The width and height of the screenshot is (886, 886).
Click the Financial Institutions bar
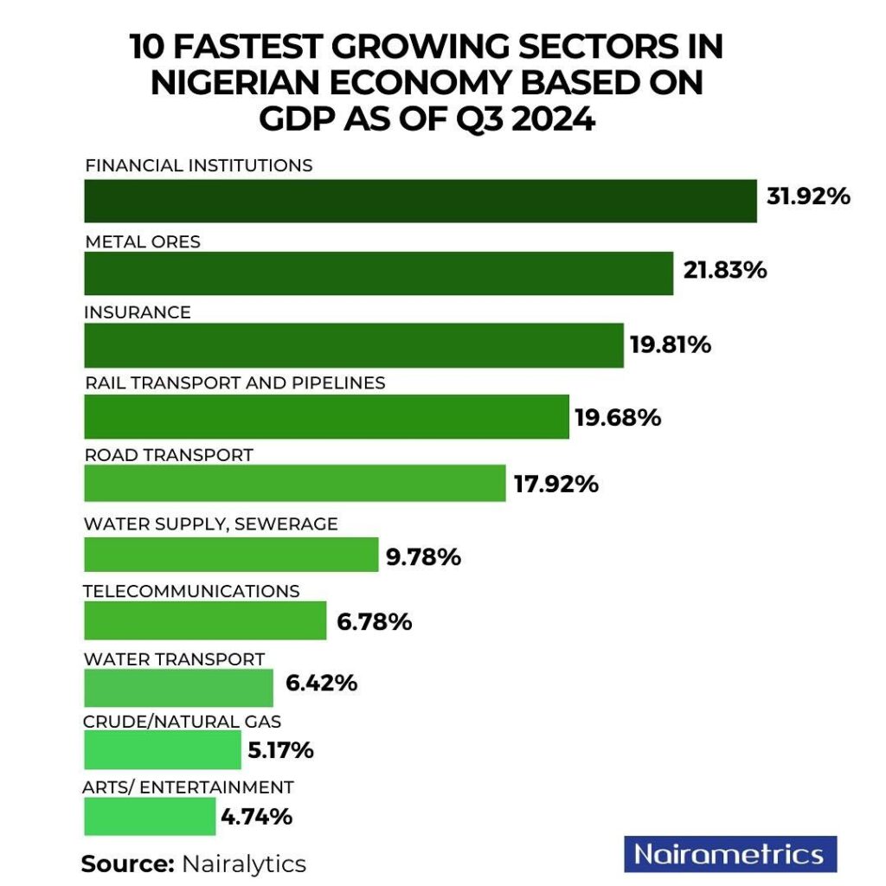[420, 201]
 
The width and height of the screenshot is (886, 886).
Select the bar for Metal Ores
[378, 273]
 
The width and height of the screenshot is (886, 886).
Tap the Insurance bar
[353, 345]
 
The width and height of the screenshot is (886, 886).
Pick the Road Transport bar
[294, 483]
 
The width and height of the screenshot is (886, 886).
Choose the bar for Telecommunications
[205, 621]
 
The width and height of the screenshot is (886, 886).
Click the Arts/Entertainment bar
[150, 816]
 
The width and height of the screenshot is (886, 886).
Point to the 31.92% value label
[808, 196]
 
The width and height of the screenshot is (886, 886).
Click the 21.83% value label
[724, 271]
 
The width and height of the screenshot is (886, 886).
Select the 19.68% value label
[618, 418]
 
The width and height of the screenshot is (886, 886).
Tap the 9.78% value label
[423, 557]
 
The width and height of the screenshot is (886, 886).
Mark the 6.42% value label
[321, 683]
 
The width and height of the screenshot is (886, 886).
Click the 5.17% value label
[280, 750]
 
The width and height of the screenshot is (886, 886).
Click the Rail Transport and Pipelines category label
[234, 382]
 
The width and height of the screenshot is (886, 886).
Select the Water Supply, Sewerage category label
[210, 523]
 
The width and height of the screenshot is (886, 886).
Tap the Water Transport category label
[174, 659]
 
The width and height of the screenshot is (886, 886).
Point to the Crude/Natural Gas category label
[182, 721]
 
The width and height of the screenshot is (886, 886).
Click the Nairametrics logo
[729, 854]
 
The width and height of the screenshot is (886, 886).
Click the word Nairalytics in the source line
[243, 864]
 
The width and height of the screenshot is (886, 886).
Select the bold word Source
[127, 864]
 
